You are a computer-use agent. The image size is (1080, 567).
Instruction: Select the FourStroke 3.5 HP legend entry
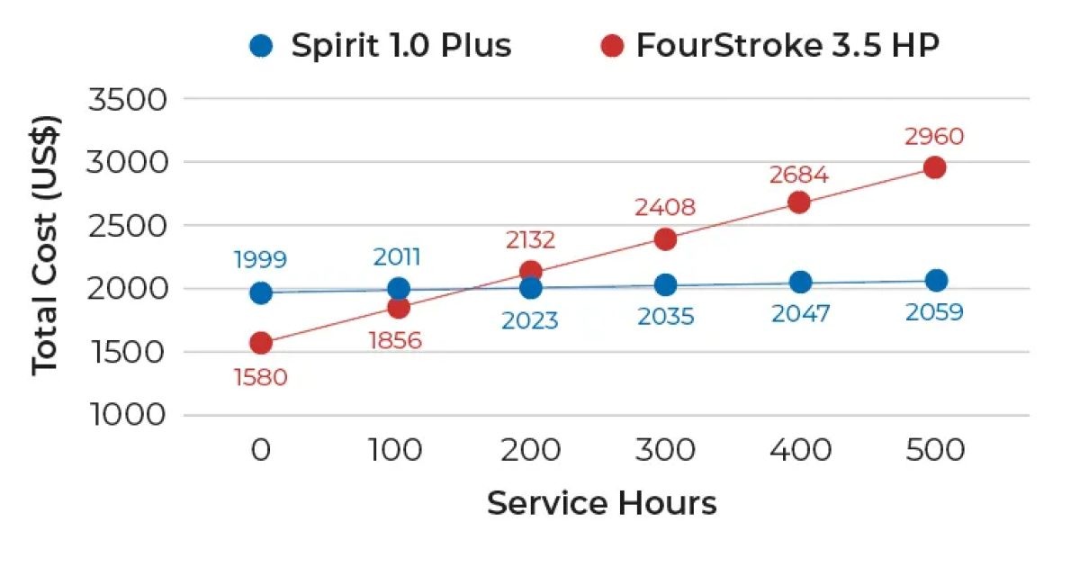point(770,45)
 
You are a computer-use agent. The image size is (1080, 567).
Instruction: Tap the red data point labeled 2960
point(934,167)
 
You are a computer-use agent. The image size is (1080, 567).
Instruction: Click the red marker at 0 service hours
point(261,343)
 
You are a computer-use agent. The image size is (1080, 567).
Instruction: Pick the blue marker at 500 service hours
point(936,280)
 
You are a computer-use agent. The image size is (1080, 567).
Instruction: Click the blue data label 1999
point(260,260)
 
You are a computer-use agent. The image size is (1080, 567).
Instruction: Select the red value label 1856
point(396,340)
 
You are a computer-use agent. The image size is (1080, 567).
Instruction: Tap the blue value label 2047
point(800,313)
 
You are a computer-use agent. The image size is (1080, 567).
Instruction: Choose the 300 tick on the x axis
point(665,449)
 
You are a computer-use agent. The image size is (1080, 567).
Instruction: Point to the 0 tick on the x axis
point(261,449)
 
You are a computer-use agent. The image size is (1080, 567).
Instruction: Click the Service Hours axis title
point(601,503)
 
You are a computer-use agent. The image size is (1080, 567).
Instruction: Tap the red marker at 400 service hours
point(799,202)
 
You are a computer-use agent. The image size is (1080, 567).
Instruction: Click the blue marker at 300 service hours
point(665,285)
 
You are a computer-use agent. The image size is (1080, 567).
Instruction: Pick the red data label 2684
point(798,175)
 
